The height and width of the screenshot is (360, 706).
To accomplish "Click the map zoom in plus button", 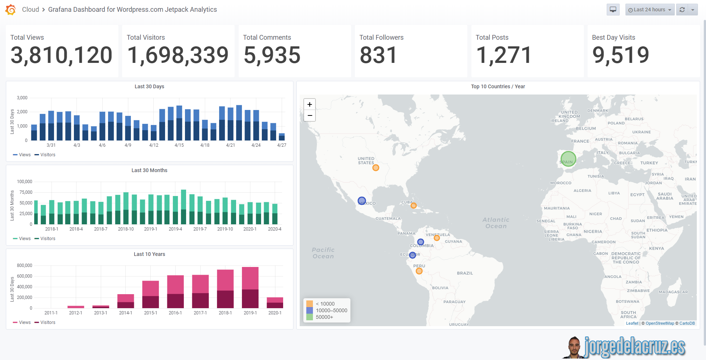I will coord(310,104).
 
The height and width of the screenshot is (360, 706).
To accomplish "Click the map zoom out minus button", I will coord(310,115).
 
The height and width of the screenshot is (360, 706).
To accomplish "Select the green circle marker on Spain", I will coord(568,159).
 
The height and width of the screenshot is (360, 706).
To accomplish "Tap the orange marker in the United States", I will coord(375,168).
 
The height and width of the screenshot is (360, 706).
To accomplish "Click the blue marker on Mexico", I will coord(362,201).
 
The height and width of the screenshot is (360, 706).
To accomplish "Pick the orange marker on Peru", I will coord(419,271).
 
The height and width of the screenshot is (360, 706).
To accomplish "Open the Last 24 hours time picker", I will coord(650,10).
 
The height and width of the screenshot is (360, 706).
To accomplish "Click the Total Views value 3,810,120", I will coord(61,55).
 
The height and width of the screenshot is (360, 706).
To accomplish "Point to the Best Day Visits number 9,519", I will coord(621,55).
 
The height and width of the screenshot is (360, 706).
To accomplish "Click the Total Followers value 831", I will coord(378,55).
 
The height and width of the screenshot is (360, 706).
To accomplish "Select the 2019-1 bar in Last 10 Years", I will coord(250,288).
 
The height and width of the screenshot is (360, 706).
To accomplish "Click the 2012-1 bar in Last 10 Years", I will coord(76,307).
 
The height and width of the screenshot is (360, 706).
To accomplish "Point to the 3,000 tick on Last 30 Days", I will coord(22,98).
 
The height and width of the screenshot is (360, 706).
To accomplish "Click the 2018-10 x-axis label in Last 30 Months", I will coord(126,229).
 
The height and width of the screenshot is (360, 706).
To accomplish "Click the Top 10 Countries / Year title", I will coord(498,86).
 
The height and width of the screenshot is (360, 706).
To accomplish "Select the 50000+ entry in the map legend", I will coord(324,317).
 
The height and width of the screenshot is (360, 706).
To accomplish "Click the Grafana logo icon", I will coord(11,10).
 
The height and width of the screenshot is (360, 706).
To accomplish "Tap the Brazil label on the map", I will coord(465,273).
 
